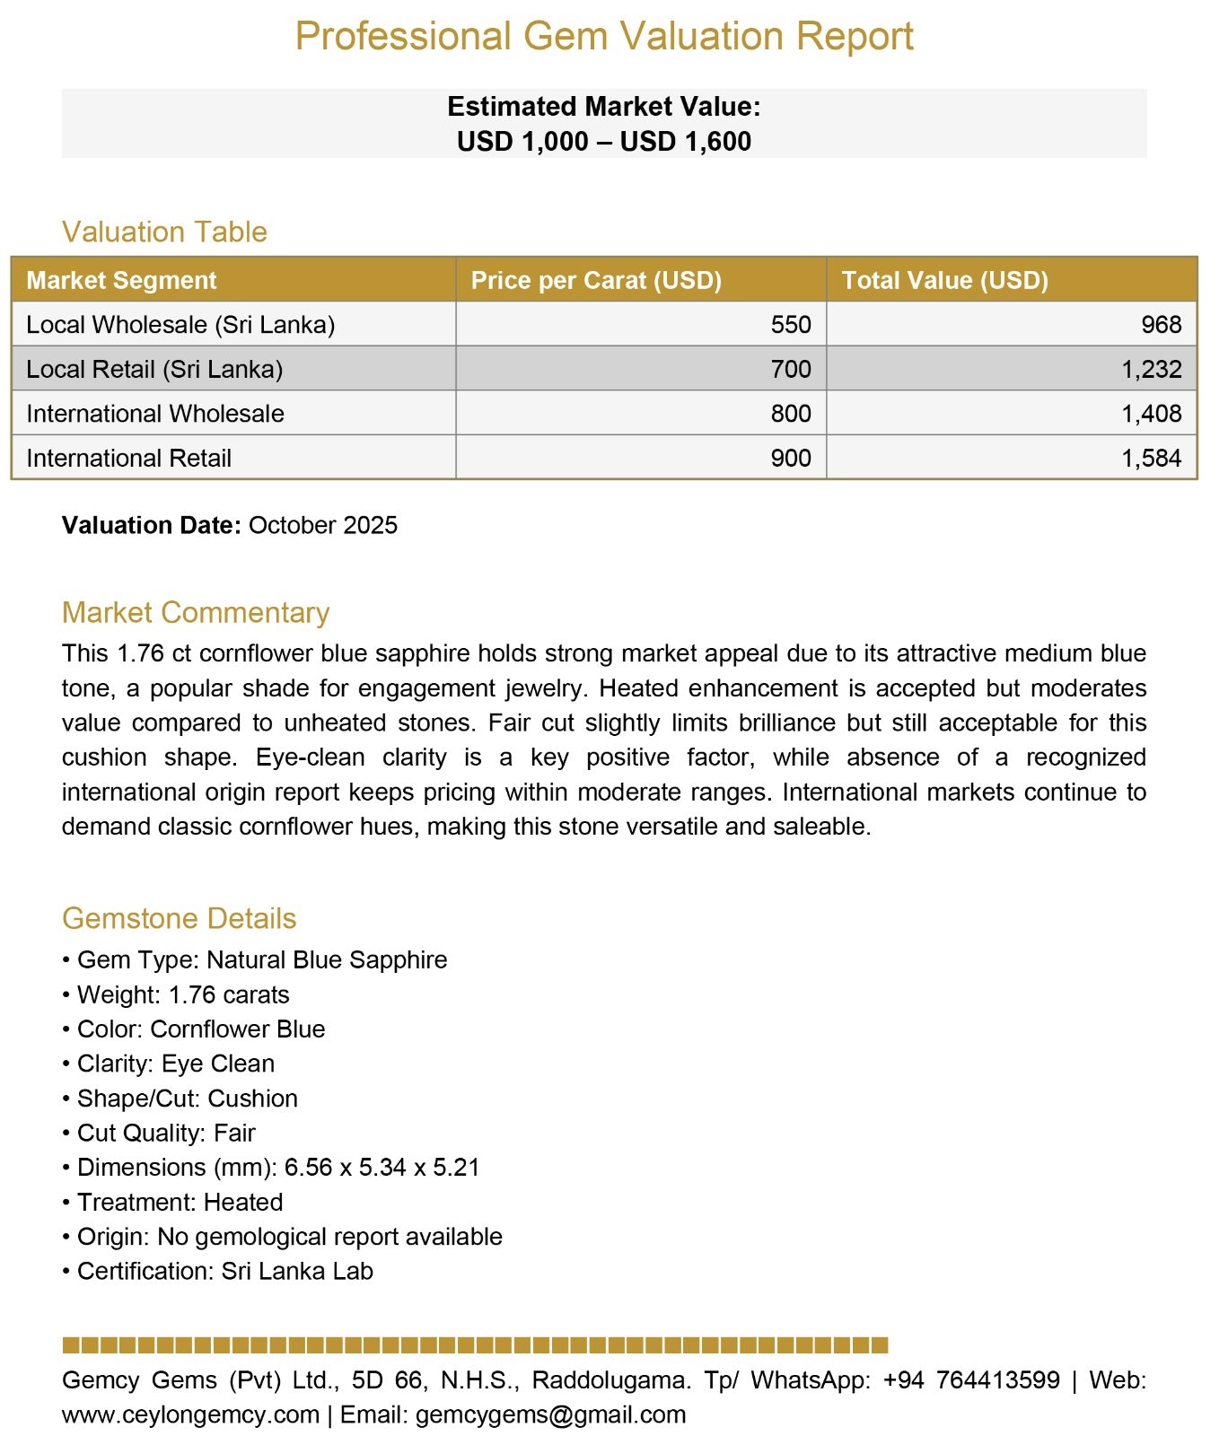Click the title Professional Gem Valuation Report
tap(604, 37)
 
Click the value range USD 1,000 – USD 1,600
tap(604, 142)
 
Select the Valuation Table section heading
tap(164, 232)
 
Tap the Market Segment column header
tap(121, 280)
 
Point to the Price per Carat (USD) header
tap(596, 280)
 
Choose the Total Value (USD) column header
tap(944, 280)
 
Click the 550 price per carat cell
tap(791, 325)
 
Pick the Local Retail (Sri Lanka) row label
tap(154, 369)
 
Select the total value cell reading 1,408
tap(1151, 414)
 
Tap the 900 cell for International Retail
tap(791, 459)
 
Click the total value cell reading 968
tap(1162, 325)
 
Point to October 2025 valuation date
tap(323, 525)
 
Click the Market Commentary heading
tap(196, 613)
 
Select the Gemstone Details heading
tap(179, 919)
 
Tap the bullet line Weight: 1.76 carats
tap(182, 995)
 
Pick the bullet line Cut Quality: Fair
tap(166, 1134)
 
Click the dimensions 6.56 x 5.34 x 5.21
tap(382, 1168)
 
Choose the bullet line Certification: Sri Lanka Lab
tap(224, 1272)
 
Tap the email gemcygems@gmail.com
tap(550, 1415)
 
